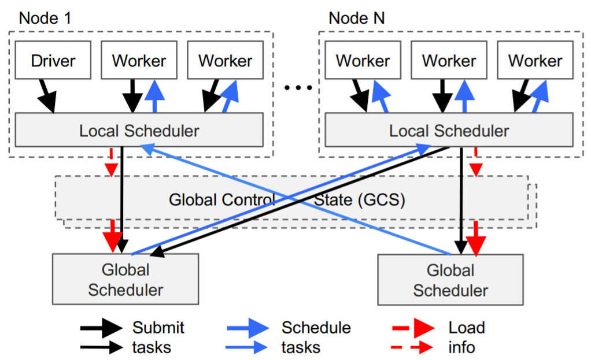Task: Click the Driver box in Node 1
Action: pos(53,60)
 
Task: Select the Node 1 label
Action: pos(45,18)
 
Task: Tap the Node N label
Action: pos(357,18)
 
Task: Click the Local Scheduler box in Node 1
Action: pos(139,130)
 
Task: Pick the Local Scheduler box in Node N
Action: pos(449,130)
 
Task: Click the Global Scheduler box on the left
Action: pos(125,279)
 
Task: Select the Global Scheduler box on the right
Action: pos(450,280)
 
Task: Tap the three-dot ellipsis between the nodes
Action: pos(298,88)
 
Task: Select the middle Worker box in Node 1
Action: pos(139,60)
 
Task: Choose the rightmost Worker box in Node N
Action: pos(535,60)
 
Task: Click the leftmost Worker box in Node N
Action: pos(363,60)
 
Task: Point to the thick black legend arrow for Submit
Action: pos(101,328)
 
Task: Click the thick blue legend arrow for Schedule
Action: pos(248,328)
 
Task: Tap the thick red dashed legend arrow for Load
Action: pos(413,328)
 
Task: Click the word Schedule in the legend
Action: pos(316,328)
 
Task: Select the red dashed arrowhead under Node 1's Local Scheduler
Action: pos(111,170)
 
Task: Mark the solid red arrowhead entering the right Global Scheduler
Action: pos(476,246)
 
